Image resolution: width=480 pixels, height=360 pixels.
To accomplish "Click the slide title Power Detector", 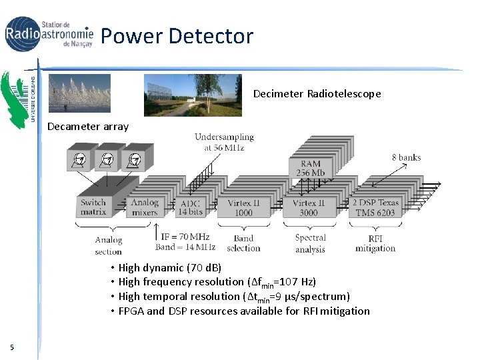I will pyautogui.click(x=177, y=35).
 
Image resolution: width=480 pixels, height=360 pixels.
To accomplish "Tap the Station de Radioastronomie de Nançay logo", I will pyautogui.click(x=49, y=33).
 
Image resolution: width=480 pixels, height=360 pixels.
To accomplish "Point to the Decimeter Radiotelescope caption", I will pyautogui.click(x=317, y=94).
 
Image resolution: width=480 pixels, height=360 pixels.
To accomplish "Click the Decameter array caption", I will pyautogui.click(x=87, y=127).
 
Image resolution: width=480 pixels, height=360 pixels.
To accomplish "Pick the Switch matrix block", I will pyautogui.click(x=93, y=207).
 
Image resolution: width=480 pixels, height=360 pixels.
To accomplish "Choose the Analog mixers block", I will pyautogui.click(x=144, y=207).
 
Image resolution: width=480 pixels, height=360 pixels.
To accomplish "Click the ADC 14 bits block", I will pyautogui.click(x=191, y=207).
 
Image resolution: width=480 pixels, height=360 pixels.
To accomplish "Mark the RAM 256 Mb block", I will pyautogui.click(x=310, y=168).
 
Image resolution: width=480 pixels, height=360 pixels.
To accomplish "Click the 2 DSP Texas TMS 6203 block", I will pyautogui.click(x=375, y=207).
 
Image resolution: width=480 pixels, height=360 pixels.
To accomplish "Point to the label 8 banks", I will pyautogui.click(x=406, y=157).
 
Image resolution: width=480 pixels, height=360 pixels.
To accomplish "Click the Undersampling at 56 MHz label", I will pyautogui.click(x=224, y=142).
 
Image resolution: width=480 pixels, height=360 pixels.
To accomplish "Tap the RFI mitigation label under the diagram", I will pyautogui.click(x=375, y=243).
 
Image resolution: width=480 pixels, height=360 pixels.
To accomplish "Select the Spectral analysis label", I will pyautogui.click(x=310, y=243).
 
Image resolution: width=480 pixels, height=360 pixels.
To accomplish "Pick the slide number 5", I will pyautogui.click(x=12, y=346).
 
